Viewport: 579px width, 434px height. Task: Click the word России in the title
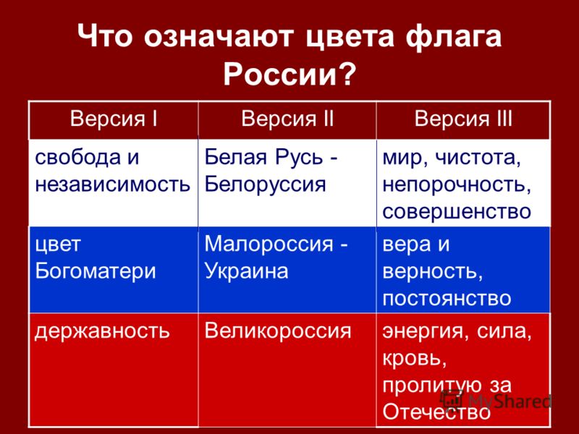281,74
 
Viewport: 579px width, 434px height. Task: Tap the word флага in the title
454,37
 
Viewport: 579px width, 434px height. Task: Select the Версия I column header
114,119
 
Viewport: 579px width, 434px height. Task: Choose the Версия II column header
287,119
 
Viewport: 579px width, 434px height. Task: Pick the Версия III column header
463,119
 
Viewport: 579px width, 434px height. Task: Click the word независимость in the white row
113,184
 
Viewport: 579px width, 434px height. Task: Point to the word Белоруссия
265,184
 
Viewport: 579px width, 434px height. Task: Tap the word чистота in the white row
478,158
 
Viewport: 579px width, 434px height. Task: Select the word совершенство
457,212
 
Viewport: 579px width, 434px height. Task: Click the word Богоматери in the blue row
96,271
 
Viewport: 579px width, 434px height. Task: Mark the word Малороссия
269,244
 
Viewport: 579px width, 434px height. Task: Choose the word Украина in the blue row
246,271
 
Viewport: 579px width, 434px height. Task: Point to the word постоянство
447,299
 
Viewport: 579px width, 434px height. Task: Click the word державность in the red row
102,331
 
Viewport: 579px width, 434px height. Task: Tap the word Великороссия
278,331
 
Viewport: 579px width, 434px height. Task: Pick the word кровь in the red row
414,357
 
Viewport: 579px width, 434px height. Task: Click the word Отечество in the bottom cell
436,412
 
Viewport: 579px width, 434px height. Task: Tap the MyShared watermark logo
496,401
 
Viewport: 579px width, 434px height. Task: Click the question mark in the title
347,74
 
